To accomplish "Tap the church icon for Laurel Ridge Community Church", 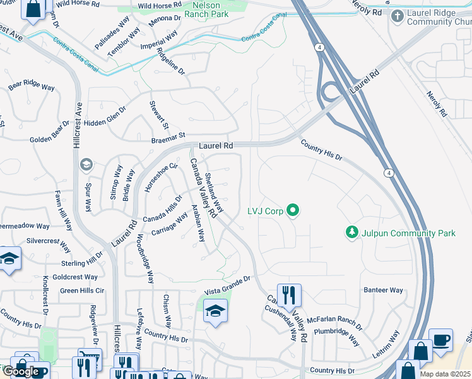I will coord(398,15).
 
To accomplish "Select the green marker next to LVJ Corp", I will coord(292,210).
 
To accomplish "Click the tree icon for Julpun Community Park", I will coord(352,233).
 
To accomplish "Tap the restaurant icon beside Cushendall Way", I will coord(289,295).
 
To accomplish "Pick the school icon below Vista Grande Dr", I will coord(216,311).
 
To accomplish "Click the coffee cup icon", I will coord(440,340).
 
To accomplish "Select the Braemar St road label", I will coord(167,135).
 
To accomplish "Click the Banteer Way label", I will coord(383,291).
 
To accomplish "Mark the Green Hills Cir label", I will coord(82,291).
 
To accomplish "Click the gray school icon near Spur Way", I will coord(86,165).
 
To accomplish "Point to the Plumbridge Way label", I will coord(338,337).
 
